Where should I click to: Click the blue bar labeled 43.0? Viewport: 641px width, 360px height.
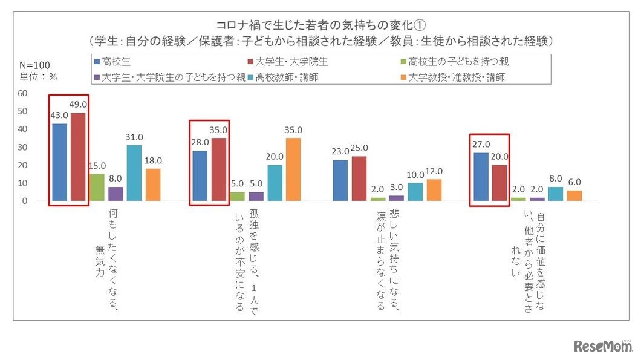click(x=59, y=162)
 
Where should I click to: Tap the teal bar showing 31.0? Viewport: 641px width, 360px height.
click(x=134, y=172)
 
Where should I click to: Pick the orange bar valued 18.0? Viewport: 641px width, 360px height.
click(x=153, y=184)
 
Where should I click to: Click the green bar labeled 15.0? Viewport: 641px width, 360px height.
click(x=97, y=187)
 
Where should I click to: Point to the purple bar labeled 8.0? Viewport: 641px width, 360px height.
click(x=116, y=193)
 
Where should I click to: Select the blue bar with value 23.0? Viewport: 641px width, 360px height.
click(x=340, y=180)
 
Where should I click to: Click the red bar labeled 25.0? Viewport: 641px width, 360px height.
click(x=359, y=178)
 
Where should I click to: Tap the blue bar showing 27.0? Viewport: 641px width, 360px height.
click(x=481, y=176)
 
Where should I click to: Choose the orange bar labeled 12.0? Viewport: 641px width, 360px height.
click(x=434, y=189)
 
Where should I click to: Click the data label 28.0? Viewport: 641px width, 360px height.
click(x=200, y=142)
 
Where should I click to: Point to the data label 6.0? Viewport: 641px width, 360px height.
click(x=574, y=182)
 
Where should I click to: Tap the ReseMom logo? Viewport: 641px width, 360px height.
click(x=601, y=346)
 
